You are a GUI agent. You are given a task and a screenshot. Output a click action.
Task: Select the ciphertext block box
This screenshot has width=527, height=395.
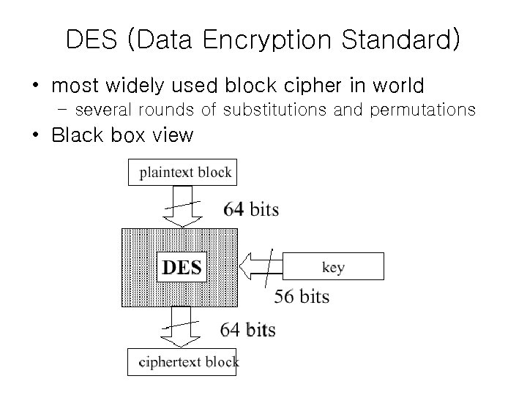tap(182, 361)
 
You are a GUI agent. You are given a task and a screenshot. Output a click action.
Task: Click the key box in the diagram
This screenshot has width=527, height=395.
tap(333, 267)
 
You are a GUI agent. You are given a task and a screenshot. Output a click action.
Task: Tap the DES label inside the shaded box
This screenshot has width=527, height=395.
tap(182, 267)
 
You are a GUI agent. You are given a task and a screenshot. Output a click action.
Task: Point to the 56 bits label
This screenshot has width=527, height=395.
tap(302, 296)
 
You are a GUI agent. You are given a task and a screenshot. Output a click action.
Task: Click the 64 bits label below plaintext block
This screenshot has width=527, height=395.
tap(251, 209)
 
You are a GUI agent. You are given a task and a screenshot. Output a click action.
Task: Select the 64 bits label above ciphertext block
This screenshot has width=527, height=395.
tap(248, 329)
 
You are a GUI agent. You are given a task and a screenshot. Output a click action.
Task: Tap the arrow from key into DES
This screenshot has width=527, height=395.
tap(263, 267)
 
